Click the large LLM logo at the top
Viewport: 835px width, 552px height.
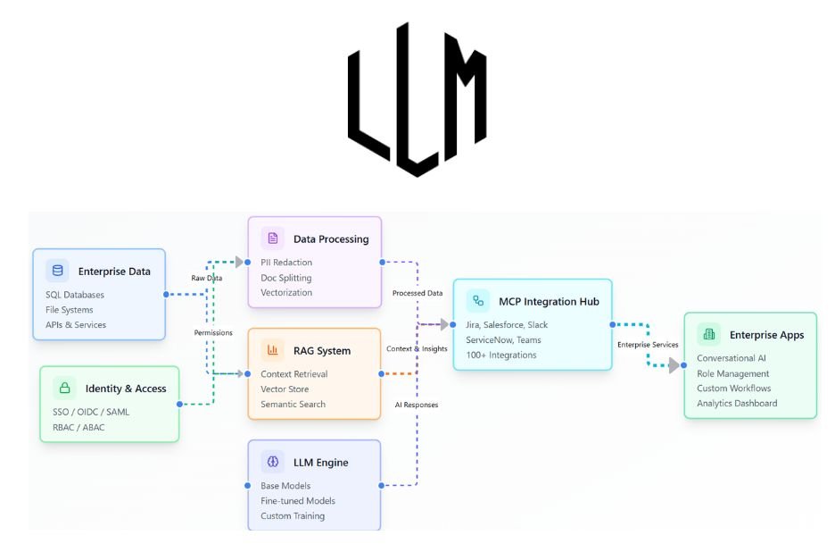(417, 99)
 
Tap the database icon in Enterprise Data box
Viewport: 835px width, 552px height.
(58, 271)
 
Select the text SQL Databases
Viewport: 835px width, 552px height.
(75, 295)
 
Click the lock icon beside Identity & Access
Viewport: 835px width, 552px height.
(64, 388)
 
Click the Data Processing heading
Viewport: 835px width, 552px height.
(330, 238)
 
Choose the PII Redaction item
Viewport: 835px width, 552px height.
(286, 263)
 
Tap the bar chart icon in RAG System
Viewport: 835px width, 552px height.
(272, 350)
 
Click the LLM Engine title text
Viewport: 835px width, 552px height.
(320, 462)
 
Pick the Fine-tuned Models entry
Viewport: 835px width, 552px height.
(298, 501)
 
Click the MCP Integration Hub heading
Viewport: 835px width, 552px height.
(549, 301)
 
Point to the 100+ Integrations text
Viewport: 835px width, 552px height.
(501, 355)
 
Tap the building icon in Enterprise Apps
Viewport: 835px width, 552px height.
(709, 335)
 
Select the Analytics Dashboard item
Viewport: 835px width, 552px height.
(737, 403)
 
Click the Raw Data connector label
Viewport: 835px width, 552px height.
(207, 278)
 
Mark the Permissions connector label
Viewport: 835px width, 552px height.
(213, 332)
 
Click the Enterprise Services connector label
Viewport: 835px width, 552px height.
(648, 344)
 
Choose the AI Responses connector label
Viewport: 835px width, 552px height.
(417, 405)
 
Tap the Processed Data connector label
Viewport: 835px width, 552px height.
(417, 293)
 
